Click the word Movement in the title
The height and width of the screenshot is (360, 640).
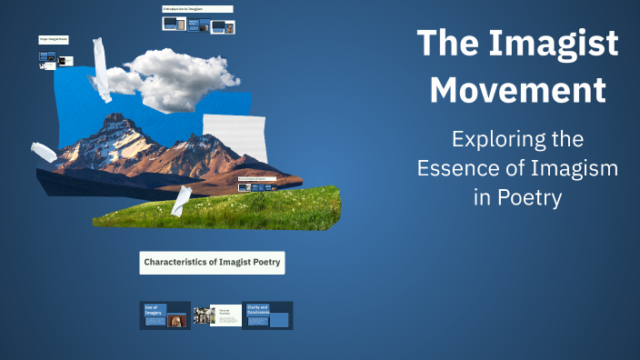(x=517, y=90)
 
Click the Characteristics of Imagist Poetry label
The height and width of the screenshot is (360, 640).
(x=212, y=263)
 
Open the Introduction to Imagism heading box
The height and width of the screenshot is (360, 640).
(x=197, y=9)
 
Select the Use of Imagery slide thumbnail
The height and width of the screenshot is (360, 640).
(x=165, y=315)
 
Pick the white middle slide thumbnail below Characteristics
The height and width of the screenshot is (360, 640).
(x=225, y=315)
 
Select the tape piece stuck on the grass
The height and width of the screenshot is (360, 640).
(x=180, y=201)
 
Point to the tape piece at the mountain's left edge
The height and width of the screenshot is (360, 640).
(x=44, y=152)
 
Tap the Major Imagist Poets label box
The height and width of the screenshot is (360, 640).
(x=54, y=40)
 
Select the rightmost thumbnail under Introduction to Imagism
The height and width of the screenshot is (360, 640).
(x=227, y=26)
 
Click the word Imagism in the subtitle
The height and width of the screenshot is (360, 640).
(x=565, y=168)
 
